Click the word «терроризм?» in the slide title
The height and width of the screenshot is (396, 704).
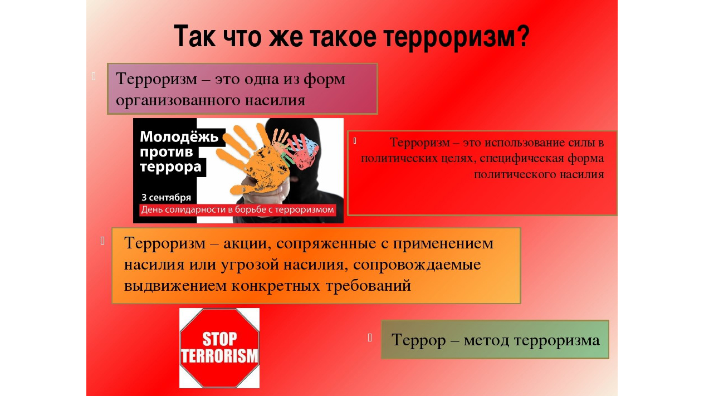[x=457, y=37]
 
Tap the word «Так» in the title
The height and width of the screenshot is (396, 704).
[x=194, y=36]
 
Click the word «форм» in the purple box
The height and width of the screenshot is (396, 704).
[x=324, y=79]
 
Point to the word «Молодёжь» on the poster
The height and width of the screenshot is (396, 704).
[x=179, y=137]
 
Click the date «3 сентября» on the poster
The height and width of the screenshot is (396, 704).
[x=167, y=197]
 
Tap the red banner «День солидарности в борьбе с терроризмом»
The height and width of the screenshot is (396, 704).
[x=238, y=209]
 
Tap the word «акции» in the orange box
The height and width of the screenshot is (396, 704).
[x=247, y=243]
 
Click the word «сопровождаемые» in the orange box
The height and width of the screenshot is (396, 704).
[x=417, y=265]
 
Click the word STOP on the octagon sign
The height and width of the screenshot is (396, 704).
[x=219, y=339]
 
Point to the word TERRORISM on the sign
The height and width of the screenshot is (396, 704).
[x=219, y=356]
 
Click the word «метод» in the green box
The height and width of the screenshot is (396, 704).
[x=486, y=340]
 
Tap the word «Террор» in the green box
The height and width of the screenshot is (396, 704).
[x=419, y=341]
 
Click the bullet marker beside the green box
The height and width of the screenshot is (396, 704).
[x=370, y=338]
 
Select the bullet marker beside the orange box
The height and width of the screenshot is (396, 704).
[x=102, y=241]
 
